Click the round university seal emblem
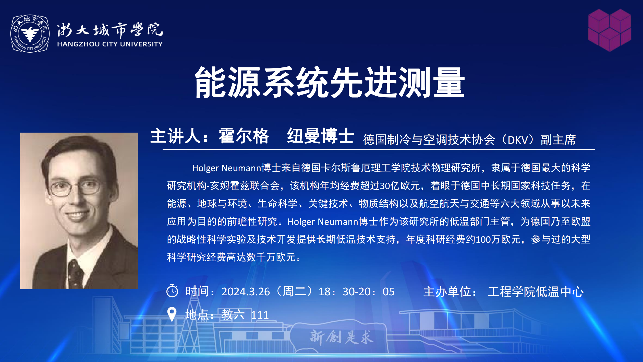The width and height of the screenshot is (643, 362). pos(30,33)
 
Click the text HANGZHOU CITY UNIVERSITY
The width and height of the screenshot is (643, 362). pos(110,44)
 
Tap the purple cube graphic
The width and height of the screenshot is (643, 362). pos(610,30)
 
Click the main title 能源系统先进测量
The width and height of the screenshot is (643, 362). pos(329,82)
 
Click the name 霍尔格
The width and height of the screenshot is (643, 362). pos(244,136)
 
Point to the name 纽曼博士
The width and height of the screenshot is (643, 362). pos(321,136)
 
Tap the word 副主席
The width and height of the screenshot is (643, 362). pos(558,140)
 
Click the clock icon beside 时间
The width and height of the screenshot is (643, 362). pos(172,291)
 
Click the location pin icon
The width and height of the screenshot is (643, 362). pos(172,314)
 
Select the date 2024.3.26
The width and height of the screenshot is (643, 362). pos(246,292)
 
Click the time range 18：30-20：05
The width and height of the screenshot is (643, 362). pos(357,292)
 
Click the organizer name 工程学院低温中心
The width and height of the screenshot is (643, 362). pos(536,292)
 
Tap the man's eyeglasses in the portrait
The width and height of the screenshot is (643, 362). pos(74,188)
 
